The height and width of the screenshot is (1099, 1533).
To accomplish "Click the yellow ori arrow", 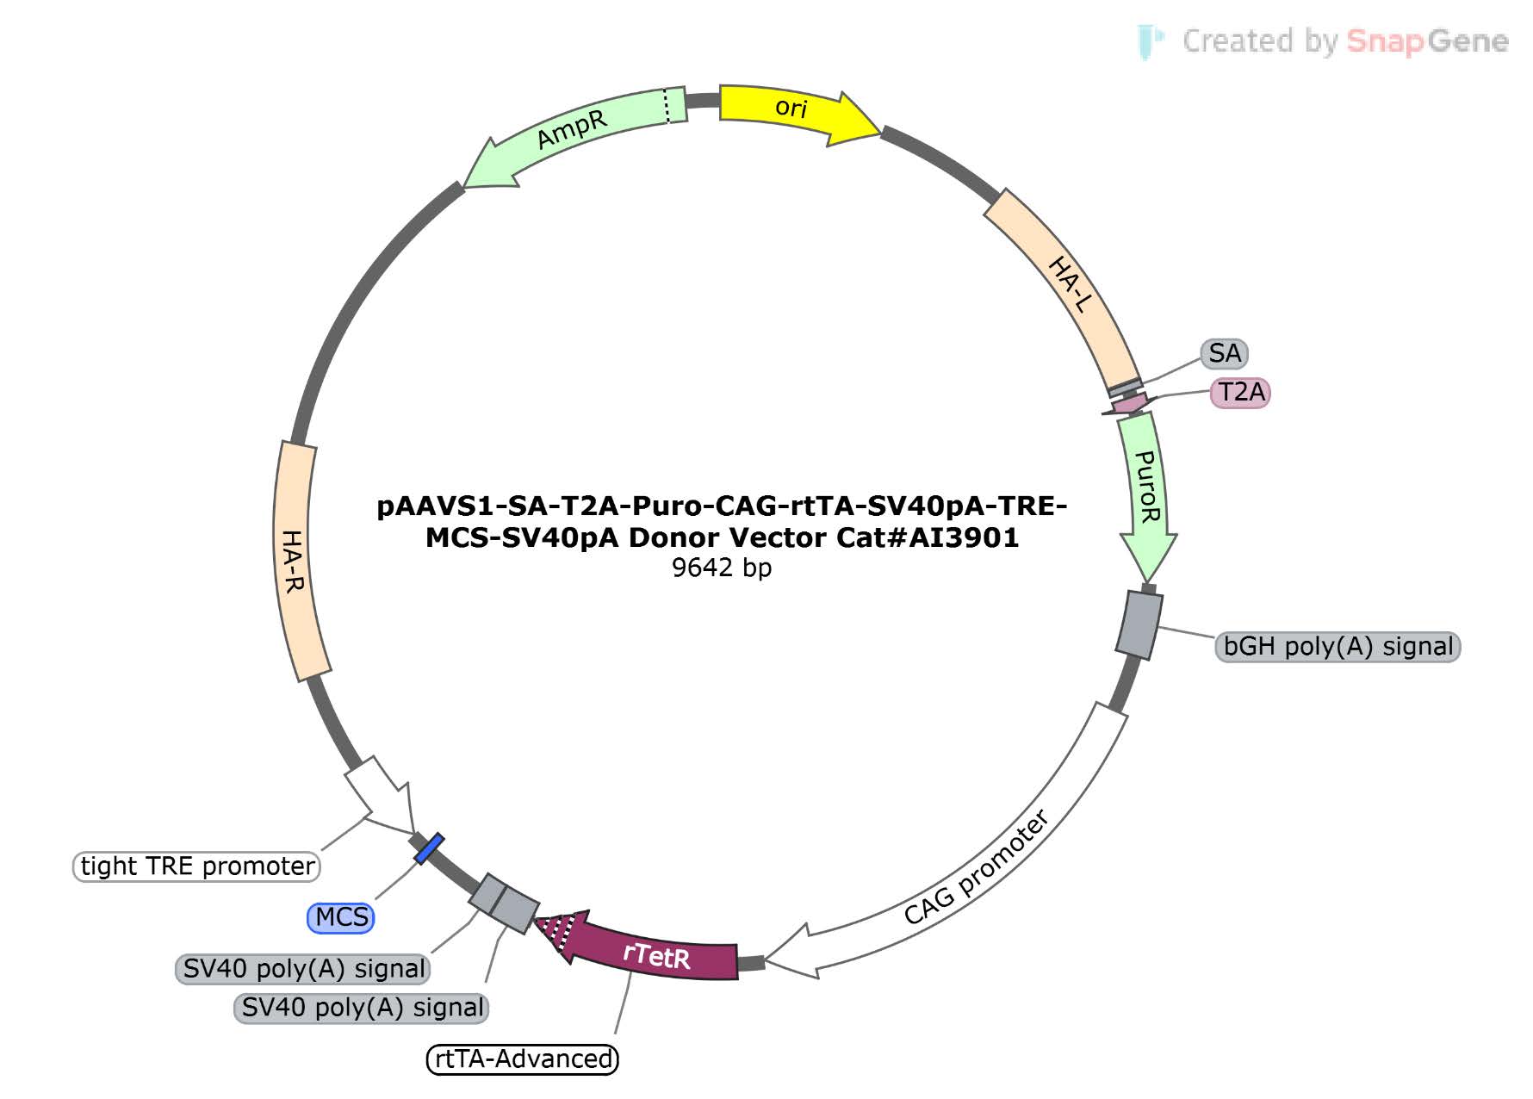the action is (x=797, y=112).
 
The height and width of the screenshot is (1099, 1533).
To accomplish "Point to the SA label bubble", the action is (x=1224, y=353).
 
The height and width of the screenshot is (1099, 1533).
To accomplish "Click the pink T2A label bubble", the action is (x=1240, y=393).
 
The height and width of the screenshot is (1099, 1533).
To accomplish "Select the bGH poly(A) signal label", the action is (x=1337, y=646).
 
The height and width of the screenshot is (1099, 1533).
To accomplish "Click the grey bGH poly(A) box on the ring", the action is (x=1139, y=624).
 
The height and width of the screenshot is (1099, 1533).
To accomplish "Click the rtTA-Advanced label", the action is (x=523, y=1059).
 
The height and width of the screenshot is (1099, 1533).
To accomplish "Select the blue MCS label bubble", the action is (x=341, y=917).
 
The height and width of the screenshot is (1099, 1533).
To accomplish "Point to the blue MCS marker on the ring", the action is (x=429, y=848).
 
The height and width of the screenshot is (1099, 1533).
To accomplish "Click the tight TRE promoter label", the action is (x=197, y=866).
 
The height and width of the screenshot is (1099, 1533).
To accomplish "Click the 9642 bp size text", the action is (x=722, y=568).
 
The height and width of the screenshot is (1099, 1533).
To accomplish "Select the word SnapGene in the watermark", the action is (x=1426, y=41).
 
